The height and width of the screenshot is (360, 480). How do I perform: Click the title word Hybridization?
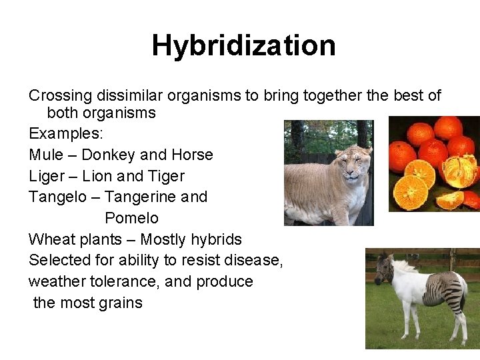click(243, 46)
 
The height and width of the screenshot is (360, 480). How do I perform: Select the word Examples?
click(66, 133)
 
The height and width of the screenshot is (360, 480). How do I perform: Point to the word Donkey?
click(107, 155)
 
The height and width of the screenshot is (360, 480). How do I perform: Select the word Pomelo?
click(131, 218)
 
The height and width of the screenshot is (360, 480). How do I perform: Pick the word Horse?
click(192, 155)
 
